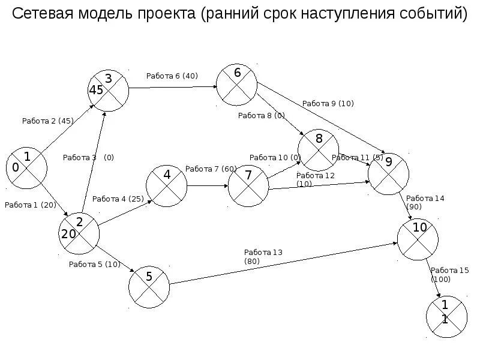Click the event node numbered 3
109,90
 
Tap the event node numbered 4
166,186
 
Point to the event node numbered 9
388,173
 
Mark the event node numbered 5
149,287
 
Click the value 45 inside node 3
96,90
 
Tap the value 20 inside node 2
68,234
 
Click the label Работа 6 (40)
172,76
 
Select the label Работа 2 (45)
48,121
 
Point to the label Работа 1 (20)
30,205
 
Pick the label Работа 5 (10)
95,264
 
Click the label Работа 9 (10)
328,103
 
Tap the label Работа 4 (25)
118,199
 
